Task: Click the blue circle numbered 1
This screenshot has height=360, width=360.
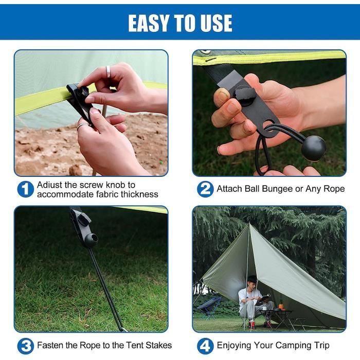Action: tap(26, 189)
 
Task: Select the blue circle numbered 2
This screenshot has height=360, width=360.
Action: tap(205, 189)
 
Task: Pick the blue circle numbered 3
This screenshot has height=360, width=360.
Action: tap(26, 346)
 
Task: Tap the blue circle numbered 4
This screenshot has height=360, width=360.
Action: tap(205, 346)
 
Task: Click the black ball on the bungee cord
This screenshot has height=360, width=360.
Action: tap(314, 148)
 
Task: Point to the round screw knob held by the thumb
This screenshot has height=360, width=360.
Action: tap(242, 95)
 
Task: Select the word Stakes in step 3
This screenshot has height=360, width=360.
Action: tap(158, 345)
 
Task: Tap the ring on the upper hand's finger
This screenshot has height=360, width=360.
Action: tap(108, 71)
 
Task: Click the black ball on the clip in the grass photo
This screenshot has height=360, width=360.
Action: tap(91, 240)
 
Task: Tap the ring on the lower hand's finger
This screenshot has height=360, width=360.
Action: tap(83, 125)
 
